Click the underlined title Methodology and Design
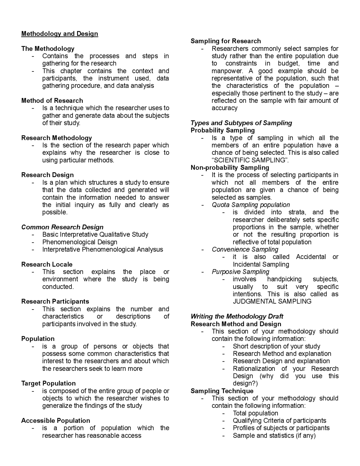click(60, 34)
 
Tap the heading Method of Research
click(52, 101)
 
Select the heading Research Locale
click(47, 265)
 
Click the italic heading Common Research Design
click(62, 227)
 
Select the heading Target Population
click(48, 384)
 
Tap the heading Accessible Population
click(55, 421)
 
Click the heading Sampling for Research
click(226, 41)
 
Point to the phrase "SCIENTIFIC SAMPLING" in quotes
click(250, 160)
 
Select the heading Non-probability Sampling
click(230, 168)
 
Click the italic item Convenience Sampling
click(245, 250)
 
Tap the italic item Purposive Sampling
click(240, 272)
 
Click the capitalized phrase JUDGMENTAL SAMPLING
click(272, 302)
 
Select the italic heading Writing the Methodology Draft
click(237, 317)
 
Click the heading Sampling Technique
click(222, 391)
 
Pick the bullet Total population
click(255, 413)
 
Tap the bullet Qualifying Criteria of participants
click(279, 421)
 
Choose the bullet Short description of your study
click(276, 346)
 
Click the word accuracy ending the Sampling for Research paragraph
click(224, 108)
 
